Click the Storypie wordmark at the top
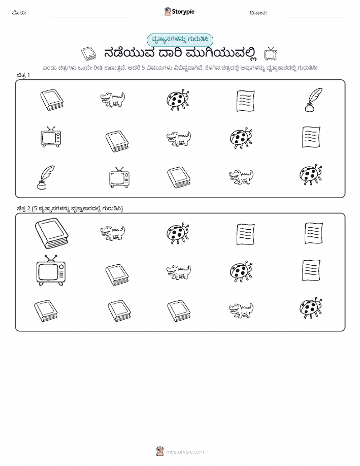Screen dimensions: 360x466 coord(183,12)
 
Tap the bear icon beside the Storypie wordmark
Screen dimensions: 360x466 coord(168,11)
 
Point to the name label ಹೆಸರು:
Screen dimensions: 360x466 coord(19,13)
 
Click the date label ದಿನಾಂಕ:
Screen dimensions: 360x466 coord(258,13)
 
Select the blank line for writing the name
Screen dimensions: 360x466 coord(90,17)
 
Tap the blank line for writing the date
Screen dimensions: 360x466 coord(317,17)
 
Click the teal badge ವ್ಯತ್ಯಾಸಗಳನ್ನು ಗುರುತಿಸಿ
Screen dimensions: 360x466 coord(180,40)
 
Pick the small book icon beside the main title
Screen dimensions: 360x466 coord(88,54)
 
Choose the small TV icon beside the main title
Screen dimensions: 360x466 coord(271,54)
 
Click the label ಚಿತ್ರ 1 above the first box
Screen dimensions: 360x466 coord(23,75)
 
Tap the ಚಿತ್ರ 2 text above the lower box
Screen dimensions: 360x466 coord(23,208)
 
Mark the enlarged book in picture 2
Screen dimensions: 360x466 coord(52,233)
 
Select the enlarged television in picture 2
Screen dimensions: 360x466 coord(51,270)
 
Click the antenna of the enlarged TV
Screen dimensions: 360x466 coord(50,258)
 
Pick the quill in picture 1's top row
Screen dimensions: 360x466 coord(314,100)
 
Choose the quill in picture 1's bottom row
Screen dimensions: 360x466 coord(46,177)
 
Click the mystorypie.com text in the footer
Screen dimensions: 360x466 coord(185,452)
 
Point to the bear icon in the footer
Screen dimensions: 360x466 coord(160,451)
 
